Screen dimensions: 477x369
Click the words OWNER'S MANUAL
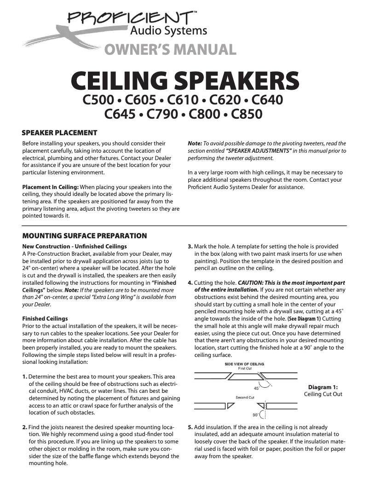170,49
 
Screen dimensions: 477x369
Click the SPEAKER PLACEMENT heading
60,133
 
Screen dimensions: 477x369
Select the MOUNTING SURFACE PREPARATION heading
85,236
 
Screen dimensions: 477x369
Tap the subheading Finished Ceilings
45,318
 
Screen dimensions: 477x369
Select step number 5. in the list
190,427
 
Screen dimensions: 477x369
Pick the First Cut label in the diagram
244,368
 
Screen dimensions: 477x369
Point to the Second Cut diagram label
245,397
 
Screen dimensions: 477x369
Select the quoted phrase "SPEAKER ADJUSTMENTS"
252,150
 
